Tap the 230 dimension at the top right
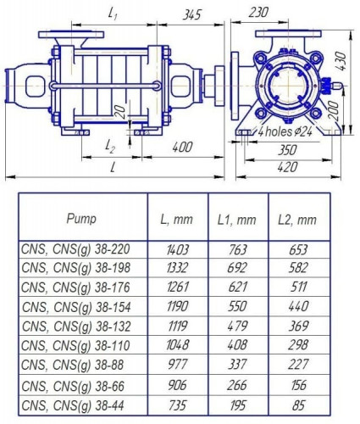pyautogui.click(x=260, y=12)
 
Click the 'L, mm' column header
pyautogui.click(x=177, y=219)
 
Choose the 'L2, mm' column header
pyautogui.click(x=297, y=219)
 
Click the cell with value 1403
pyautogui.click(x=177, y=250)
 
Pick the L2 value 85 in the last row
pyautogui.click(x=297, y=406)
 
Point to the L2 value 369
pyautogui.click(x=297, y=328)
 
